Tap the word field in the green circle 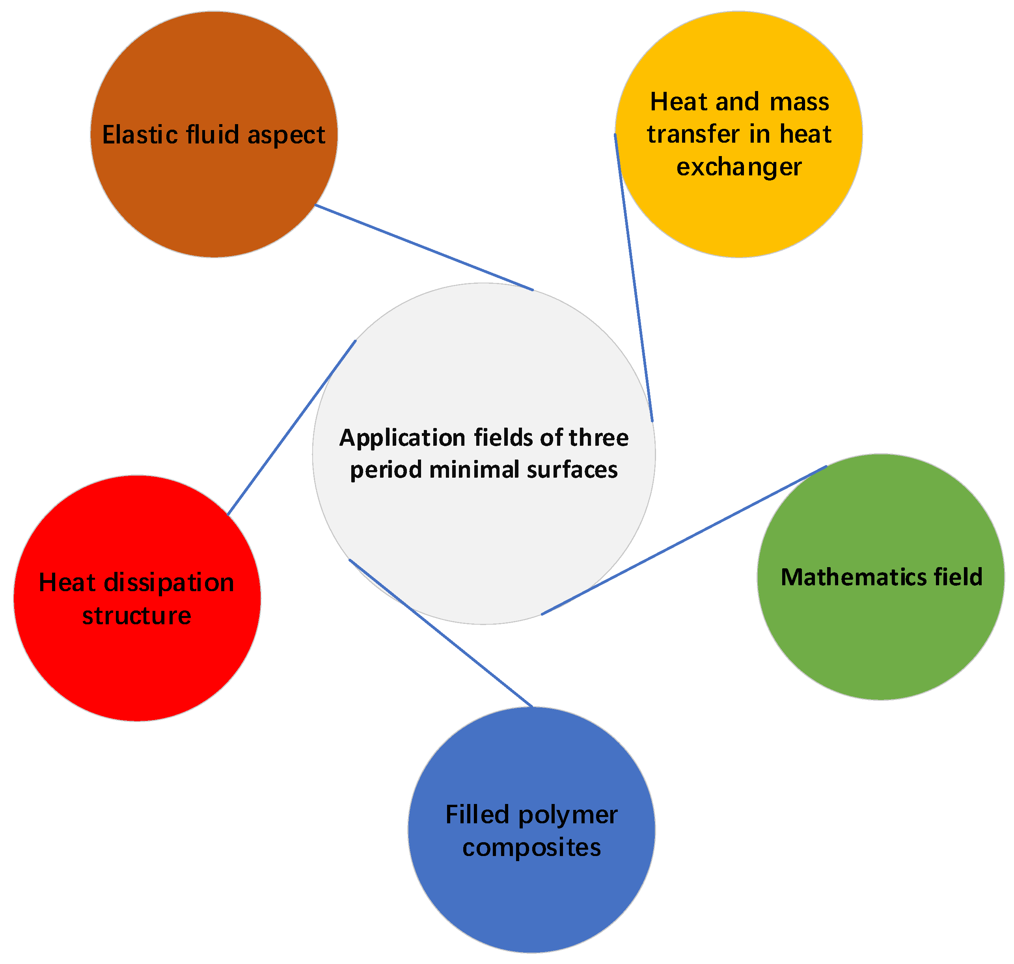(x=958, y=577)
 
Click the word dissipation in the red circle (x=169, y=583)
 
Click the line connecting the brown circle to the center (x=424, y=248)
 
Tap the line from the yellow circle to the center (x=633, y=277)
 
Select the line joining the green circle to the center (x=684, y=540)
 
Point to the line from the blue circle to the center (x=440, y=633)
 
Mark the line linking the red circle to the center (x=291, y=428)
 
